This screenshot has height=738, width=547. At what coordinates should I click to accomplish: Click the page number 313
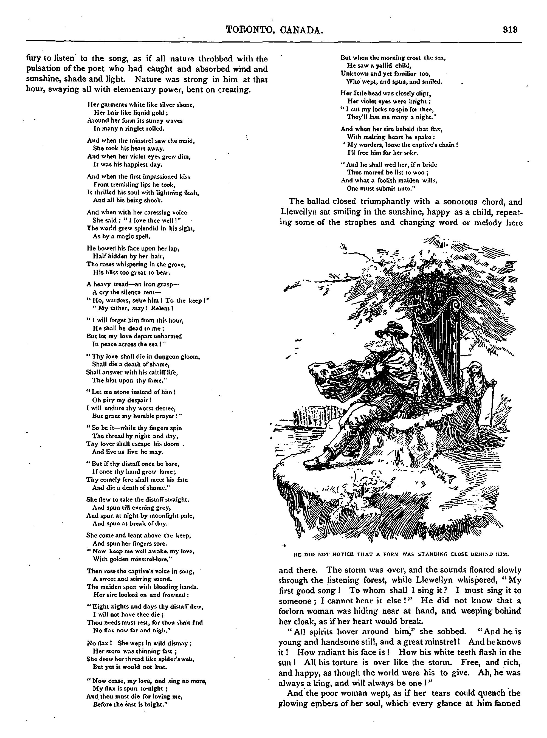pyautogui.click(x=510, y=30)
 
